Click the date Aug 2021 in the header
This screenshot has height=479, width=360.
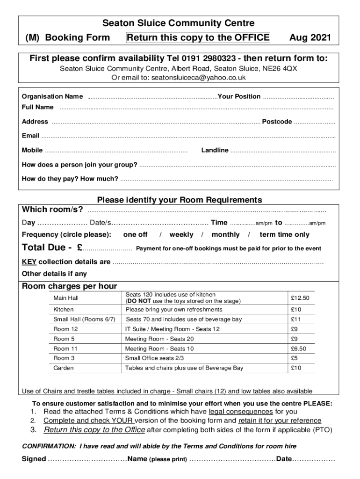point(310,38)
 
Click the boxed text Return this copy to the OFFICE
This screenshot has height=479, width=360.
point(198,38)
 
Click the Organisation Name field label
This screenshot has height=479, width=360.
point(52,96)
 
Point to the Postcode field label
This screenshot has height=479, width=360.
point(277,122)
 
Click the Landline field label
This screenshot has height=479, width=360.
point(215,150)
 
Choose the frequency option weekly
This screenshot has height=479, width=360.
point(181,234)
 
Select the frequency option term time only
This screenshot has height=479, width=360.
point(284,234)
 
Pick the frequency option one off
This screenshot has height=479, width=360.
point(135,234)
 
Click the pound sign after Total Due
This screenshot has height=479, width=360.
point(80,248)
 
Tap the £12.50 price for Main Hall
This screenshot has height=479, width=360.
point(300,298)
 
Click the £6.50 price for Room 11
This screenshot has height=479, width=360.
point(298,348)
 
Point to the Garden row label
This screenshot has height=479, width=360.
point(64,368)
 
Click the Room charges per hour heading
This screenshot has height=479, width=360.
point(70,286)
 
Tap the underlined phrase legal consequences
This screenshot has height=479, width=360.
point(241,412)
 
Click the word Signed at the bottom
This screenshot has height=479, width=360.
point(34,459)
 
